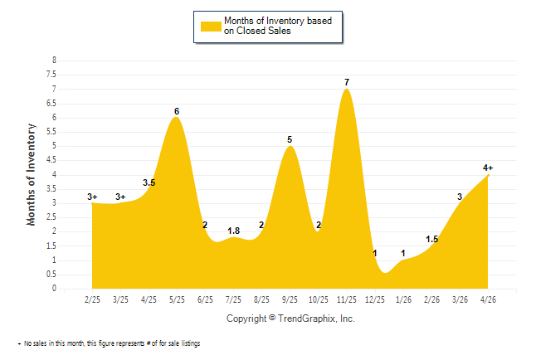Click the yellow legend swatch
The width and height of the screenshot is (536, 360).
point(211,27)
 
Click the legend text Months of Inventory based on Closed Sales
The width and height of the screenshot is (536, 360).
point(278,26)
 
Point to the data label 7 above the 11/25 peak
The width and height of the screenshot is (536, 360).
point(347,82)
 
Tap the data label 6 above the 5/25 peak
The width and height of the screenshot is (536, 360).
point(177,111)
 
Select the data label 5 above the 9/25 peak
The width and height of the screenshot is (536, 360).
point(290,139)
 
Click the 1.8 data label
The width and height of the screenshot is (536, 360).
point(233,231)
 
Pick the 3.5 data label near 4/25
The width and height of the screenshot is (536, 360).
point(149,182)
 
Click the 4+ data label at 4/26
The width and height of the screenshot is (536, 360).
point(488,168)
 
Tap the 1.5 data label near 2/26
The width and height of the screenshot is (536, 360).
point(431,240)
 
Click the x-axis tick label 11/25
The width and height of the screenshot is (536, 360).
point(347,299)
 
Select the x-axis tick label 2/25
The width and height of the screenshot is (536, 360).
point(92,299)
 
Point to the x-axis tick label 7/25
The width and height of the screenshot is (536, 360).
point(233,299)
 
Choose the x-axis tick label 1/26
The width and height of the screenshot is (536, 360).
point(403,299)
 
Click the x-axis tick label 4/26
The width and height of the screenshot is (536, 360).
point(488,299)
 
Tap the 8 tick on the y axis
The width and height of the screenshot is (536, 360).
point(54,61)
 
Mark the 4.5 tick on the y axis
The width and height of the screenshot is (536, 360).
point(51,160)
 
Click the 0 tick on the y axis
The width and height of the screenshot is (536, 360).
point(54,288)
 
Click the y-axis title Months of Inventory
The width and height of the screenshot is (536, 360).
point(31,174)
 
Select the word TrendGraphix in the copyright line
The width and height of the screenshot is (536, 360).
point(307,319)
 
